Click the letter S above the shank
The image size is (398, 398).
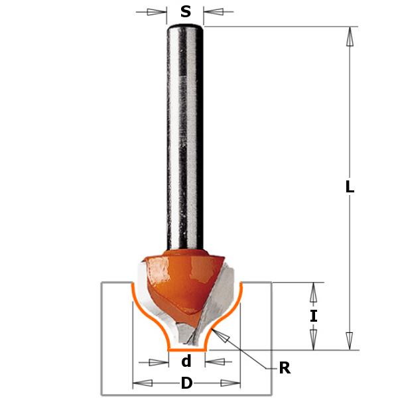(186, 11)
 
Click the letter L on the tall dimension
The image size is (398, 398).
(350, 188)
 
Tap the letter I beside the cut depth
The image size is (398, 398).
(314, 316)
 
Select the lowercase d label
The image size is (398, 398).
(186, 362)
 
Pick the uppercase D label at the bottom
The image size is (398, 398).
(186, 383)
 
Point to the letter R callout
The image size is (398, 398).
(285, 368)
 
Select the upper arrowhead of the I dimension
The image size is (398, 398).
(314, 291)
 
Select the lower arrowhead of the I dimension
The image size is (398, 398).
(314, 341)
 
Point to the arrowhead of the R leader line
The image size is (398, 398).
(226, 338)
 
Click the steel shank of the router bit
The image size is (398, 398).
(185, 133)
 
